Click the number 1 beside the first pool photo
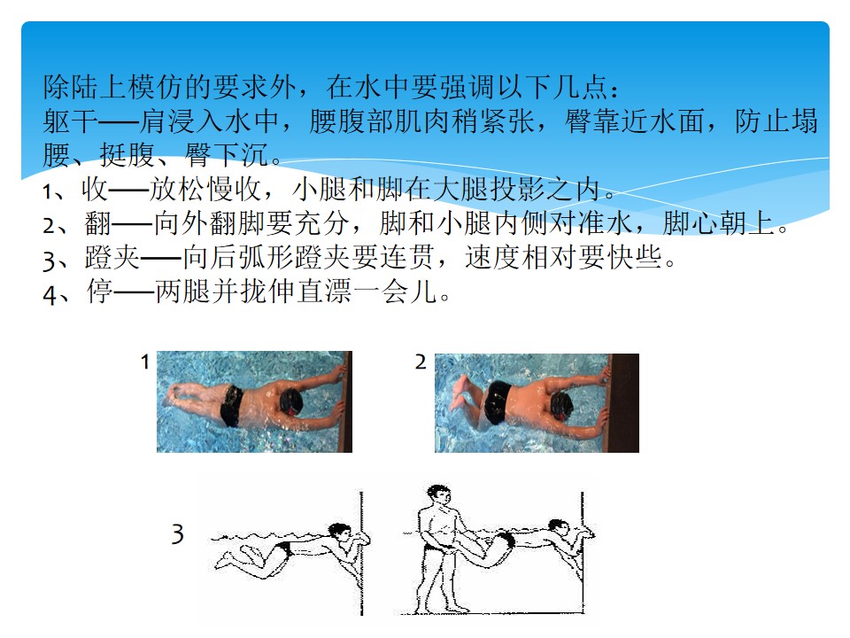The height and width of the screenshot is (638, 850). coord(144,362)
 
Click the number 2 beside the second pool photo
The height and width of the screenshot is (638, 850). coord(421,362)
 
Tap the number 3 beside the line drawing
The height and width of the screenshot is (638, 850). coord(178,533)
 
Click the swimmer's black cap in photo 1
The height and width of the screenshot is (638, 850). coord(291,402)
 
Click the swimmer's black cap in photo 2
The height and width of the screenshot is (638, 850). coord(562,406)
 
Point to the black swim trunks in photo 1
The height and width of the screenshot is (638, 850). coord(233,405)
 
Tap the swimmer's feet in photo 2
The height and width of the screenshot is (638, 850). coord(460,392)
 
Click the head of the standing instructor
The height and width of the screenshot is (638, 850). coord(438,494)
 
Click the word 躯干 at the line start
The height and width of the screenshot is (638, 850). coord(71,121)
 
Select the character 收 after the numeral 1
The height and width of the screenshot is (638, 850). coord(95,189)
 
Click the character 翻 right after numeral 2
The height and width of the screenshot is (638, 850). coord(98,223)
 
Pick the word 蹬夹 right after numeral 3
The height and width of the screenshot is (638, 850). coord(112,257)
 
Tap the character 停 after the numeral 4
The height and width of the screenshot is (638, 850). coord(100,292)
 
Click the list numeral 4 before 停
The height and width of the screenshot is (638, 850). coord(50,294)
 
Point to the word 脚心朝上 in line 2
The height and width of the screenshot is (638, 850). coord(719,223)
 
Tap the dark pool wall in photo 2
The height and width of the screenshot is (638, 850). coord(623,403)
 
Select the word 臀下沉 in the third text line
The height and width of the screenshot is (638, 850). coord(227,154)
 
